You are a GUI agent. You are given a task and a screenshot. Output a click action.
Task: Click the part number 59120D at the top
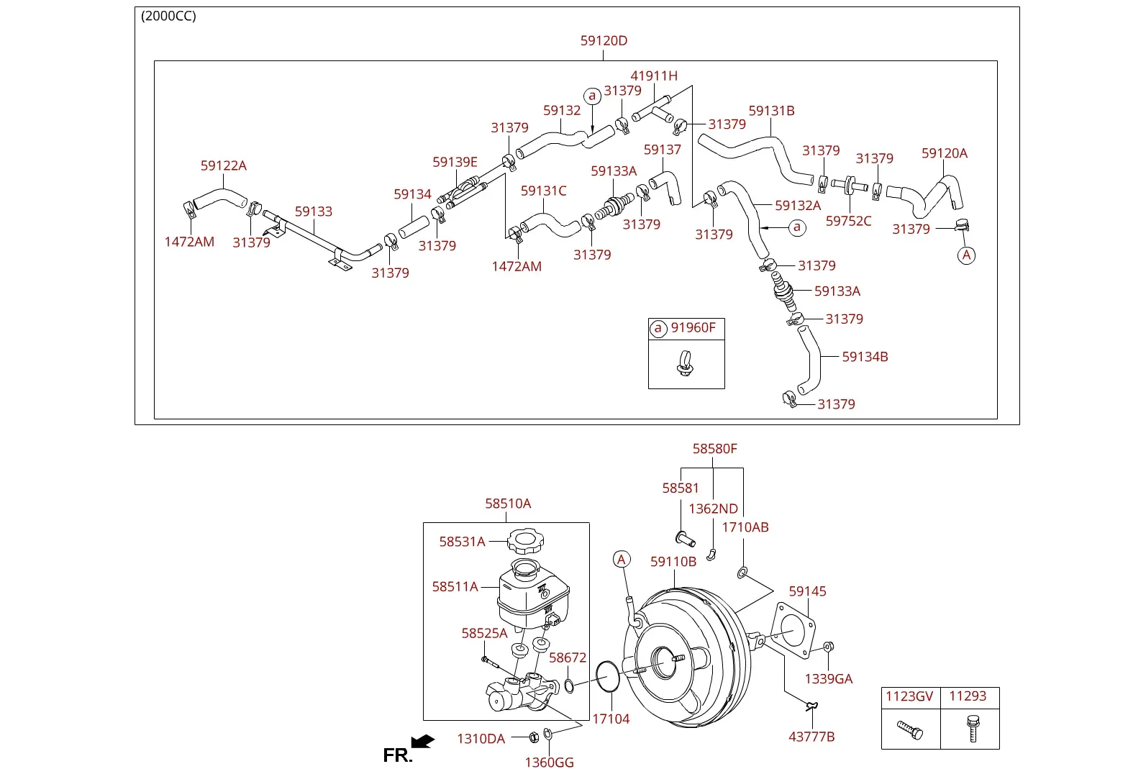[604, 41]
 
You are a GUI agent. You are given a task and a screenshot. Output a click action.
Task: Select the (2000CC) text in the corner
[168, 16]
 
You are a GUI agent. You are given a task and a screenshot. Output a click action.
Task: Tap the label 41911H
[654, 76]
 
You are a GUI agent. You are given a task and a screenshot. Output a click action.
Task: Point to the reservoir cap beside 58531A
[525, 541]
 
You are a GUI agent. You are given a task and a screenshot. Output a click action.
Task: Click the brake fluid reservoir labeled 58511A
[533, 595]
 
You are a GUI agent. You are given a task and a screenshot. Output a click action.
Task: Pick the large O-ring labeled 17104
[608, 677]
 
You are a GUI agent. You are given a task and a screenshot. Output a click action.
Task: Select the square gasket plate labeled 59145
[793, 630]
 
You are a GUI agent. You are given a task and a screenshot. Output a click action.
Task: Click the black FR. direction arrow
[422, 741]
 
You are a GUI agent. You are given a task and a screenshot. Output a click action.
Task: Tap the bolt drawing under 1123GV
[910, 729]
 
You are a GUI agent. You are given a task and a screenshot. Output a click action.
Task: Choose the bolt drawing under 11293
[973, 729]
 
